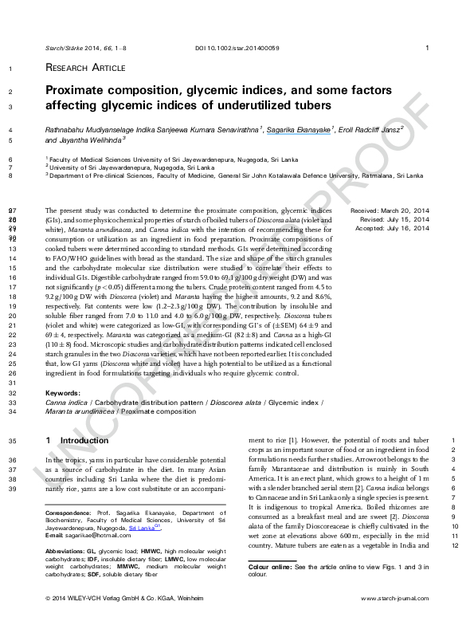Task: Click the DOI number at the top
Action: [x=248, y=49]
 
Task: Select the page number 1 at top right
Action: [x=428, y=49]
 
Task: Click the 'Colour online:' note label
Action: [x=271, y=565]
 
